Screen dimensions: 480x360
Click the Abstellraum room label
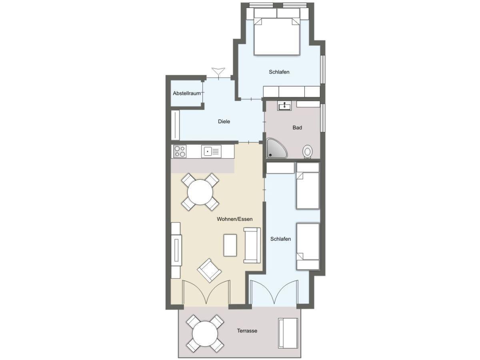click(x=186, y=93)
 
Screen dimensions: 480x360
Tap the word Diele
click(x=224, y=121)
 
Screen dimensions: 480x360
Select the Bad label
click(x=297, y=128)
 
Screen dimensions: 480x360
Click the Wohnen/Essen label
click(x=234, y=219)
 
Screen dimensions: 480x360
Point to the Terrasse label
click(x=247, y=331)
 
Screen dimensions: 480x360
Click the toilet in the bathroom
click(x=308, y=151)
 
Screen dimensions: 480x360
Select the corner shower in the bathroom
click(x=276, y=148)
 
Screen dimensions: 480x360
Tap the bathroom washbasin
click(x=284, y=106)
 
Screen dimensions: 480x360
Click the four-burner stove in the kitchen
click(x=180, y=151)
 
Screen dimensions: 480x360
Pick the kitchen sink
click(x=211, y=151)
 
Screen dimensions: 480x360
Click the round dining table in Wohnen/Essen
click(x=200, y=192)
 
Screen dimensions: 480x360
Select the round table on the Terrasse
click(x=205, y=334)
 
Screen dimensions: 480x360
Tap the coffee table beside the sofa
click(x=230, y=245)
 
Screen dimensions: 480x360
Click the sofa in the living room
click(x=252, y=245)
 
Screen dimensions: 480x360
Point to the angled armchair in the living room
click(x=209, y=271)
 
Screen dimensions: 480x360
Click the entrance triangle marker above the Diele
click(x=218, y=72)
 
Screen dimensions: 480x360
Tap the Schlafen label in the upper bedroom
click(x=279, y=72)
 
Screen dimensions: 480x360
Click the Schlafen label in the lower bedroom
click(x=280, y=239)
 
